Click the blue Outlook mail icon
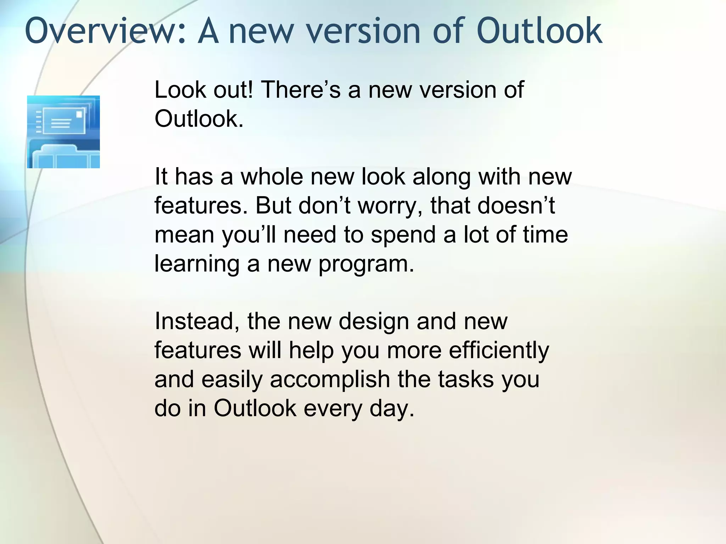[x=63, y=132]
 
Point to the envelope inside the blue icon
[x=64, y=121]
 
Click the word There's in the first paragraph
[x=301, y=90]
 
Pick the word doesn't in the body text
[x=516, y=205]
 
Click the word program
[x=366, y=264]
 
